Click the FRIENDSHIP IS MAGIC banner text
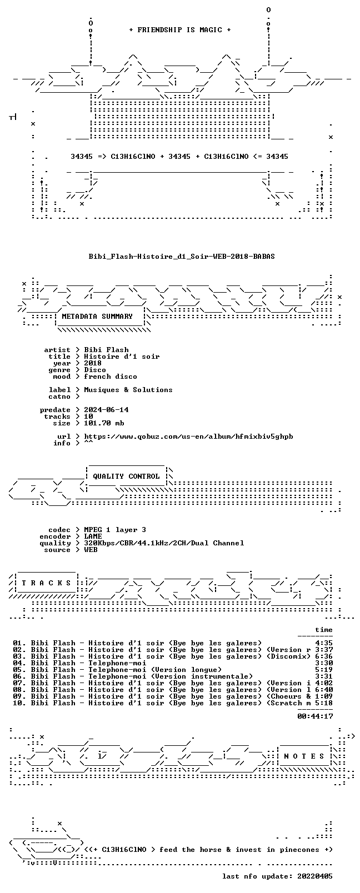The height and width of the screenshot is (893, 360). pos(180,30)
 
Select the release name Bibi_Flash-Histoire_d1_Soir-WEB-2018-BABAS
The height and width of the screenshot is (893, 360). pos(182,257)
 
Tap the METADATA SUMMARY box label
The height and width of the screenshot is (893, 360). pos(97,316)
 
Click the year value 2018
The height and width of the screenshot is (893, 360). pos(92,363)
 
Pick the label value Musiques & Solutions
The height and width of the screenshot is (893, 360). pos(128,390)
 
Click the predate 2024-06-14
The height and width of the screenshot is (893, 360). pos(106,410)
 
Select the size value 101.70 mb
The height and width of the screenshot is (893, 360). pos(104,423)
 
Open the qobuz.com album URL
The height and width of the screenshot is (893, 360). pos(188,437)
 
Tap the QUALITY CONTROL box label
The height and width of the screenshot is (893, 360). pos(126,476)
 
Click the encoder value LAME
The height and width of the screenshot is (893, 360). pos(93,536)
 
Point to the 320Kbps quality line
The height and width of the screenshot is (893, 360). pos(164,543)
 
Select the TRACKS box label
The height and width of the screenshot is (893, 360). pos(46,583)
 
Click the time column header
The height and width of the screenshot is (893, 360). pos(324,630)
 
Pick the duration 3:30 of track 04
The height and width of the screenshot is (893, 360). pos(324,663)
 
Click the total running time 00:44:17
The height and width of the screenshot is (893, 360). pos(315,716)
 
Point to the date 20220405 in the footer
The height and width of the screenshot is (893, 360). pos(315,876)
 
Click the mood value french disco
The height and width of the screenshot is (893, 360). pos(111,377)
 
